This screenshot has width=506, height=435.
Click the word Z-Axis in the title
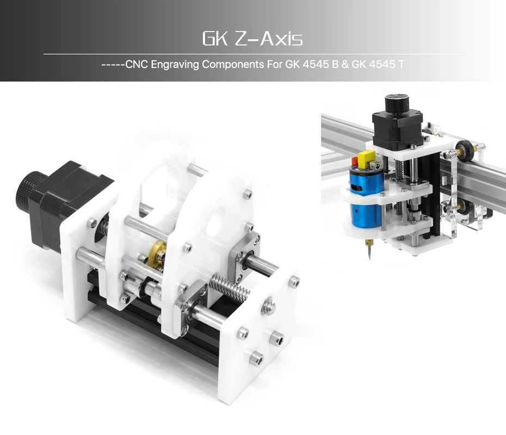[x=269, y=39]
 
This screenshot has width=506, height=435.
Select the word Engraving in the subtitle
[x=175, y=65]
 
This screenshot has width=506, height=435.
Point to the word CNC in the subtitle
[x=137, y=65]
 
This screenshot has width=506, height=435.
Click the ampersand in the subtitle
[x=345, y=65]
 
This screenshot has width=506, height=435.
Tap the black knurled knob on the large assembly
[x=29, y=191]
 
